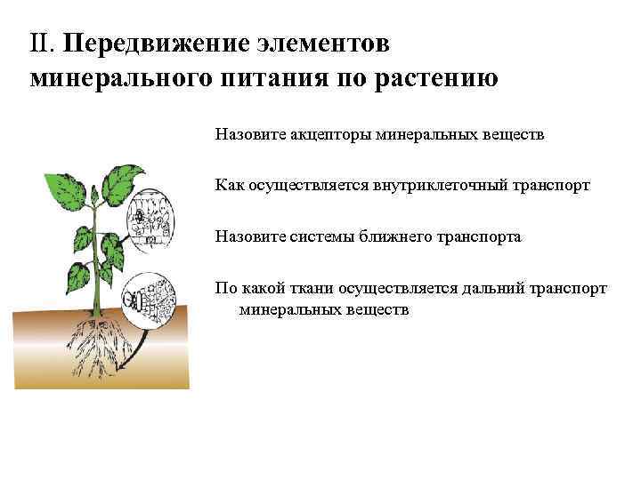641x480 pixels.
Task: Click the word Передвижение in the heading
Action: pyautogui.click(x=151, y=44)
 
